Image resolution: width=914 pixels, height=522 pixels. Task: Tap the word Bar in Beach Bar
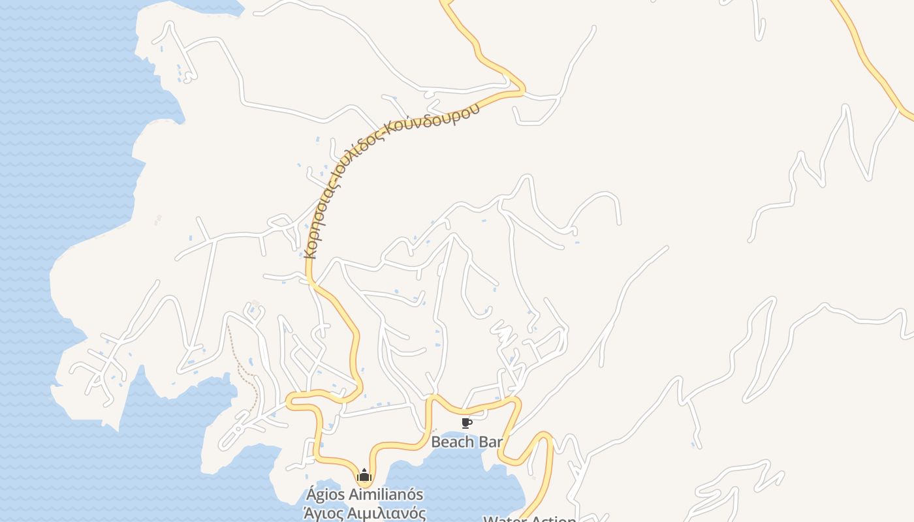(x=491, y=442)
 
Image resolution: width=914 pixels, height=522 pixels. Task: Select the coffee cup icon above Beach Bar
(x=466, y=423)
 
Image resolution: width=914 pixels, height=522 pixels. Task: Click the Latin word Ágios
(x=330, y=494)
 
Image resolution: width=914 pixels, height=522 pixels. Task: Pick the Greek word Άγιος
(x=324, y=512)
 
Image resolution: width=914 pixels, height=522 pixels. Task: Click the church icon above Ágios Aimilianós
(x=364, y=474)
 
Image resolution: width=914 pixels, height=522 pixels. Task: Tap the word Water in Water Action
(x=504, y=519)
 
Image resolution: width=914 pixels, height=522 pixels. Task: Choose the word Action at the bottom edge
(x=555, y=519)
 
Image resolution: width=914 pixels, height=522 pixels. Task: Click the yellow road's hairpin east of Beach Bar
(x=543, y=436)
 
